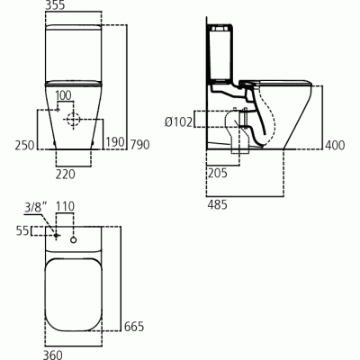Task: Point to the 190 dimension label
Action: (113, 143)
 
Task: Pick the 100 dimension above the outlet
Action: (64, 95)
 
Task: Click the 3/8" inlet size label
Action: (33, 207)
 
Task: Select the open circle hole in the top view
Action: (72, 239)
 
